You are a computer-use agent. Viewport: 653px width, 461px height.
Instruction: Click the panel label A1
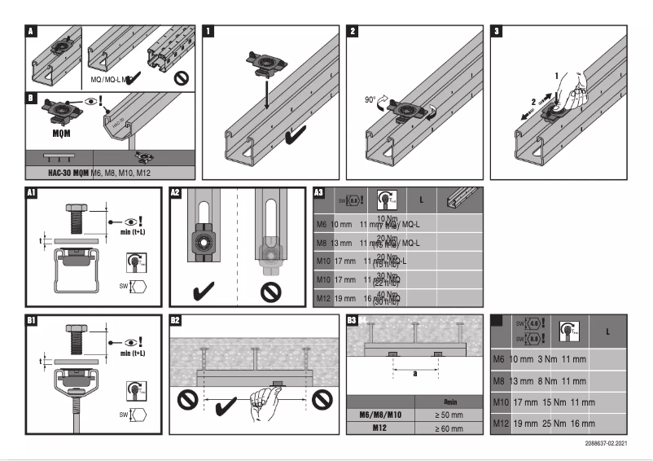click(32, 194)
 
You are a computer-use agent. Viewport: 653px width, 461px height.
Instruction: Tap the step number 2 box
click(353, 32)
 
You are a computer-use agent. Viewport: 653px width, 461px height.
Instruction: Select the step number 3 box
click(497, 32)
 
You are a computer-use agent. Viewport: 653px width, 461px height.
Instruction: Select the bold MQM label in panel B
click(54, 132)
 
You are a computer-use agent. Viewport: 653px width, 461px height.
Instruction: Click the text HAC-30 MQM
click(63, 172)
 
